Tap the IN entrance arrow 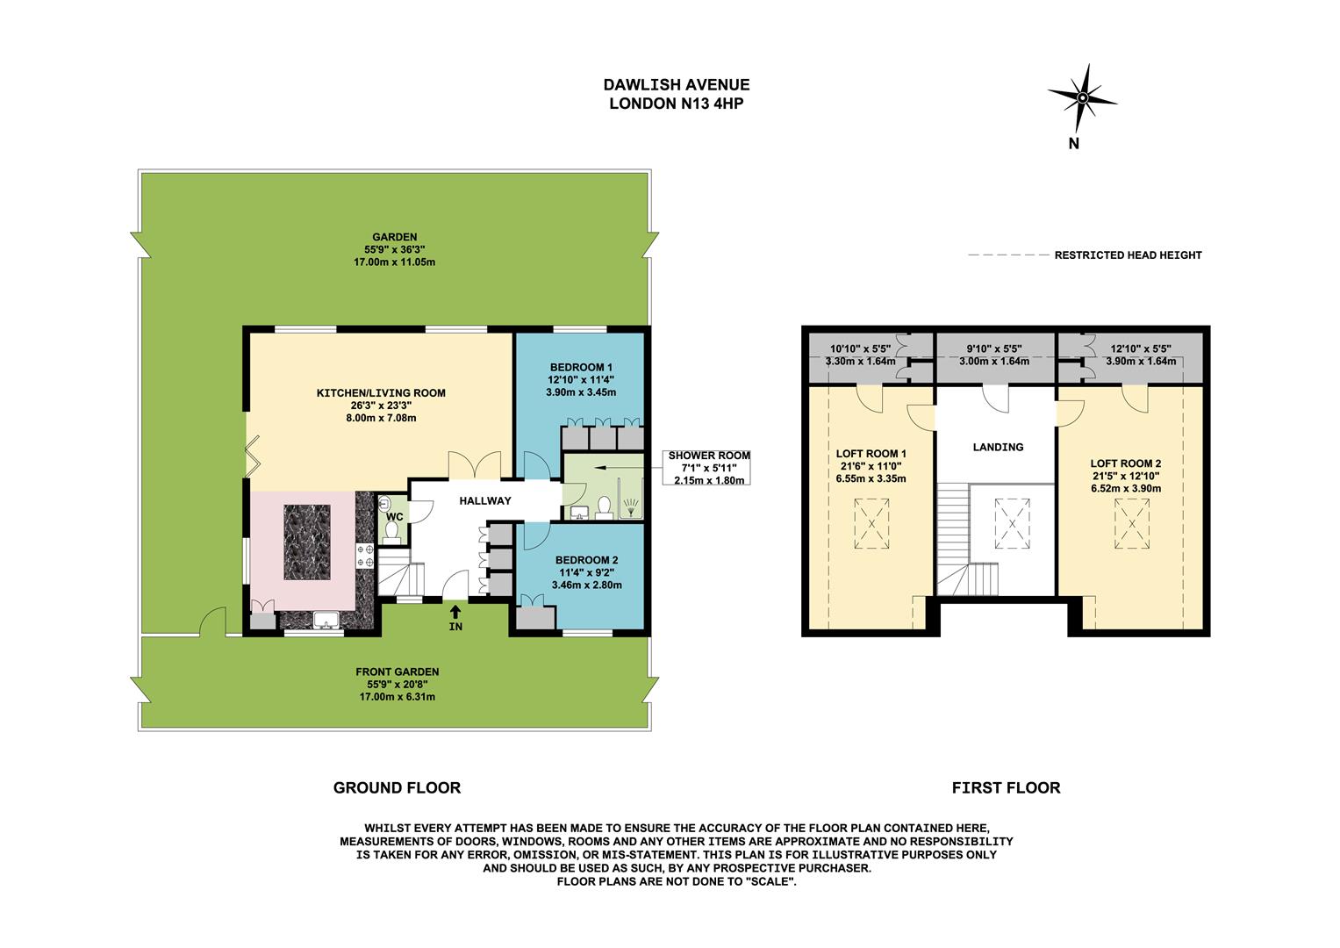(x=455, y=611)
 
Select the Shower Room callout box (x=709, y=468)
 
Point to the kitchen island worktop (x=307, y=542)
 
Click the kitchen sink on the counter (x=326, y=621)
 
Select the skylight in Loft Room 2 (x=1131, y=524)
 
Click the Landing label (x=998, y=447)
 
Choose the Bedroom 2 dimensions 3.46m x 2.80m (x=586, y=585)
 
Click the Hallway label (x=485, y=500)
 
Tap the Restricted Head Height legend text (x=1128, y=255)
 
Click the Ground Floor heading (x=397, y=787)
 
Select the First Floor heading (x=1006, y=787)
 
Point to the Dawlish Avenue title (x=676, y=85)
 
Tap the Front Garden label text (x=397, y=671)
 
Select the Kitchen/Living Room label (x=381, y=392)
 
